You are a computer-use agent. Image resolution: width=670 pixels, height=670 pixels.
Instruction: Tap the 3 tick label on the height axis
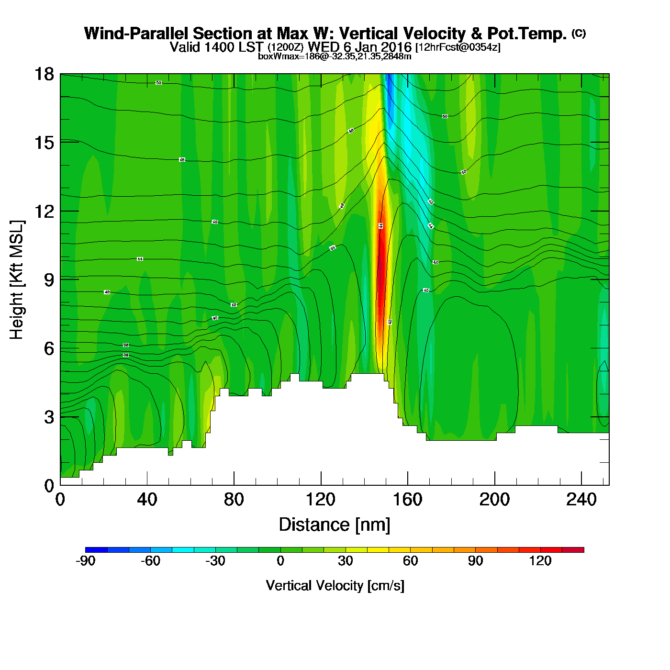[x=49, y=417]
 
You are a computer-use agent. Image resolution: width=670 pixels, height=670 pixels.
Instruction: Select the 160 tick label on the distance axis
[x=408, y=500]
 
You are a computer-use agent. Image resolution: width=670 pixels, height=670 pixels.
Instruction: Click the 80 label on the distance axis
[x=234, y=500]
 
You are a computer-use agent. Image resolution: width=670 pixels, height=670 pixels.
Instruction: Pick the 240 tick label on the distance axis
[x=581, y=500]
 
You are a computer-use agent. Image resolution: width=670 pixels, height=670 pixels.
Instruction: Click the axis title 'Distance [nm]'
[x=335, y=525]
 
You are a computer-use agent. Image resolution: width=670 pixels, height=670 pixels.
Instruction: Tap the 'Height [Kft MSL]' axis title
[x=17, y=280]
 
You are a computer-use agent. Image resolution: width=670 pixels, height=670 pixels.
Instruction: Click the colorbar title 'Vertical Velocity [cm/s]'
[x=335, y=585]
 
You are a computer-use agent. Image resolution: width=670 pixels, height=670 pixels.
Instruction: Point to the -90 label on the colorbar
[x=85, y=561]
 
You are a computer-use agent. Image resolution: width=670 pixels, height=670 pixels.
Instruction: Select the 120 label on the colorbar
[x=540, y=561]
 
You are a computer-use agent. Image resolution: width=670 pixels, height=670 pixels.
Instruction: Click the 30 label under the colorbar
[x=345, y=561]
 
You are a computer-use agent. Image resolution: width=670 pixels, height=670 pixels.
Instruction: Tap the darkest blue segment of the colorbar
[x=96, y=550]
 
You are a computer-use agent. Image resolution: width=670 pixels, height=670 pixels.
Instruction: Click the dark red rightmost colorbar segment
[x=573, y=550]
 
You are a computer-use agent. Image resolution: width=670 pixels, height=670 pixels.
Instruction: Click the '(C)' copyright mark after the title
[x=579, y=33]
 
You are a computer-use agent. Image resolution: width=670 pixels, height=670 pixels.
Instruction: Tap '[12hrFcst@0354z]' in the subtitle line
[x=458, y=47]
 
